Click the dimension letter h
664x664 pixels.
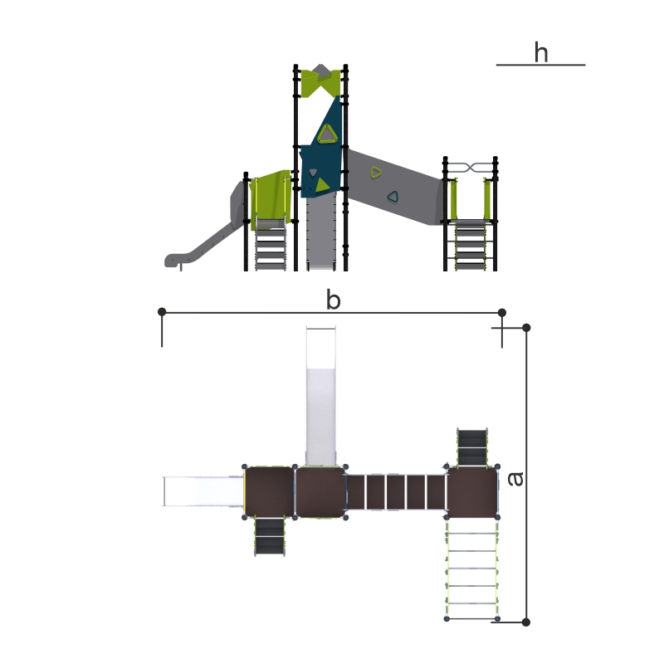pyautogui.click(x=541, y=52)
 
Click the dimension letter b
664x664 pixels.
pyautogui.click(x=334, y=300)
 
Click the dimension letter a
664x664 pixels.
pyautogui.click(x=515, y=479)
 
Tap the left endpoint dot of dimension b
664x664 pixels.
pyautogui.click(x=162, y=312)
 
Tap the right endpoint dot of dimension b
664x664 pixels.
pyautogui.click(x=502, y=313)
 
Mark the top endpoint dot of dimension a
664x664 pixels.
pyautogui.click(x=526, y=328)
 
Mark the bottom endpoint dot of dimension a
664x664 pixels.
pyautogui.click(x=526, y=622)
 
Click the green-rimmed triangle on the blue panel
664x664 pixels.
pyautogui.click(x=327, y=134)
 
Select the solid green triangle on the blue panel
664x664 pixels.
pyautogui.click(x=322, y=184)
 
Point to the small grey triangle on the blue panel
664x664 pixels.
pyautogui.click(x=313, y=172)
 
